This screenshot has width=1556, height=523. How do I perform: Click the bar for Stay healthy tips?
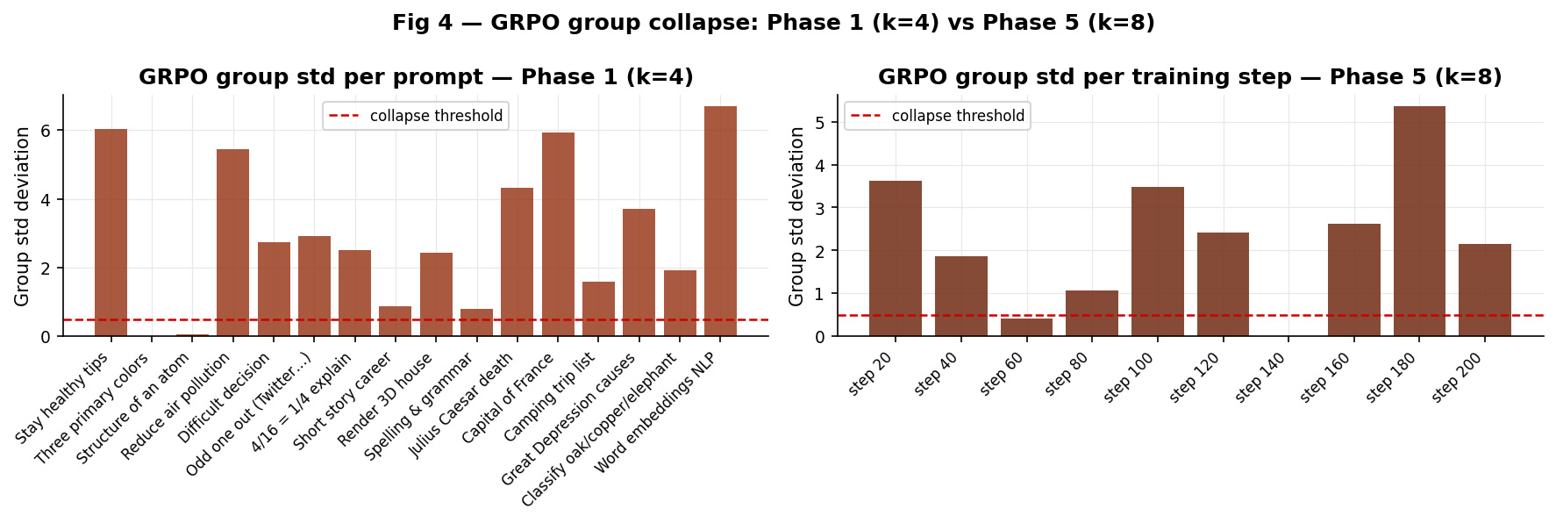point(111,233)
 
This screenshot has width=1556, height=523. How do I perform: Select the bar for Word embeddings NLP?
point(720,221)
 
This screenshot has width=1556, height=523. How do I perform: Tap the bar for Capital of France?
point(558,234)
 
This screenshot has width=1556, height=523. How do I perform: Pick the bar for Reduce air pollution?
point(232,243)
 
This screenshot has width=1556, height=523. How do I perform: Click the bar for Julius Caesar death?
point(517,262)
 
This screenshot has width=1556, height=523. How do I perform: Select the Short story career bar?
point(395,321)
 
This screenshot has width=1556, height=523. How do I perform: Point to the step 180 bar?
point(1419,221)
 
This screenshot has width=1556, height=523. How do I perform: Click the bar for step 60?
point(1026,327)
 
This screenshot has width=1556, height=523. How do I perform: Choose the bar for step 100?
point(1157,261)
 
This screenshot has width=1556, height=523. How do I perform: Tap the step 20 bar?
point(895,259)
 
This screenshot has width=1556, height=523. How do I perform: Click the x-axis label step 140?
point(1260,378)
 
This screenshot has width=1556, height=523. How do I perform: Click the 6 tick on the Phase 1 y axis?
point(46,131)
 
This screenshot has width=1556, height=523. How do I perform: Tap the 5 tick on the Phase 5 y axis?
point(819,123)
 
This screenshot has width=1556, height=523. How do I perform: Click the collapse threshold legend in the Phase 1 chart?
point(416,116)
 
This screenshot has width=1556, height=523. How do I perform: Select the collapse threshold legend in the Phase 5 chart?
point(938,116)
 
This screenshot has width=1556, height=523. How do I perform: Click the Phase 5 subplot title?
point(1189,77)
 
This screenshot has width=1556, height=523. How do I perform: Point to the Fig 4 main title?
point(773,23)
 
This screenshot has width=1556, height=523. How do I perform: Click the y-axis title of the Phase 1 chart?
point(22,216)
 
